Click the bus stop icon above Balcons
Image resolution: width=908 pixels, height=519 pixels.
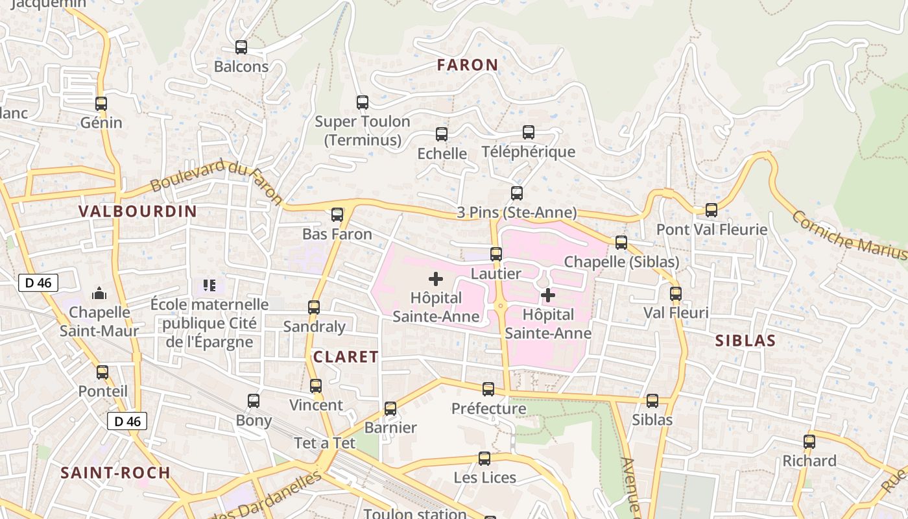point(241,47)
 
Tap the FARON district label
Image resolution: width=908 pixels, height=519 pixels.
point(467,65)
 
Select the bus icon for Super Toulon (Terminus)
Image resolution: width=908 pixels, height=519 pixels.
point(363,103)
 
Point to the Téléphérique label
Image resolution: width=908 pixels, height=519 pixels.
point(528,152)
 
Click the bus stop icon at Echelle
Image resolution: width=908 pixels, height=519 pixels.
point(442,134)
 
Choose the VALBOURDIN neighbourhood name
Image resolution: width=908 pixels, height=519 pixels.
point(137,211)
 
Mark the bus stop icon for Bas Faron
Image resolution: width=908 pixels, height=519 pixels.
point(337,215)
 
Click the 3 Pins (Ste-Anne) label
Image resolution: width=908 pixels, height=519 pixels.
point(516,212)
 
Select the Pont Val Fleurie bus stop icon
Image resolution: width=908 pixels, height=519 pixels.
point(711,210)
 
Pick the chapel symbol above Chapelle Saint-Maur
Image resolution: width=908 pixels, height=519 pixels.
point(99,294)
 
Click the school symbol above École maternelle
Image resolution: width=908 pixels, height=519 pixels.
point(209,285)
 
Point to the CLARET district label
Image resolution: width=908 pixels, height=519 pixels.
point(346,357)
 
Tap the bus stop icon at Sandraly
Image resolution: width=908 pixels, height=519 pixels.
point(314,308)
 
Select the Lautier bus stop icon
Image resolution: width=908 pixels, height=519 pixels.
point(496,254)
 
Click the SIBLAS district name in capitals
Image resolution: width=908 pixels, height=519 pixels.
point(745,341)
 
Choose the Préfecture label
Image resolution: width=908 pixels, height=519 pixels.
point(488,409)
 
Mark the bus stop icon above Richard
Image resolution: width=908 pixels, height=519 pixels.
point(809,442)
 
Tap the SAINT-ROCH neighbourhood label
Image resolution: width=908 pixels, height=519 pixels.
point(115,473)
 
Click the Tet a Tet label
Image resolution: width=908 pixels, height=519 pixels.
point(325,443)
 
